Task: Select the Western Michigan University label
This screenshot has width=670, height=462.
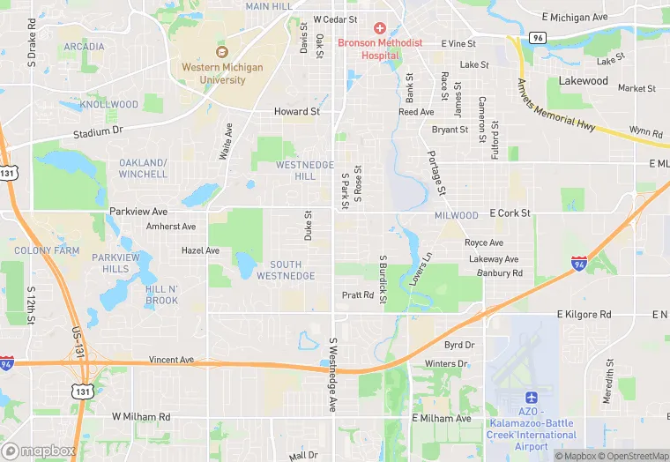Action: (x=213, y=73)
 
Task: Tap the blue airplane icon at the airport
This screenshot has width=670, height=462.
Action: (x=531, y=399)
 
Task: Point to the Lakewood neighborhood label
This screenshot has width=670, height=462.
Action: (x=584, y=81)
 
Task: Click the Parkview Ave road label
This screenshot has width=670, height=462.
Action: (x=138, y=212)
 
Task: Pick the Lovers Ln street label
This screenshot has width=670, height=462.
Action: (x=421, y=269)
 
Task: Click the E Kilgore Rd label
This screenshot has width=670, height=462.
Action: (x=584, y=314)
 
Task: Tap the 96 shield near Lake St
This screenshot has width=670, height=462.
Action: (x=537, y=39)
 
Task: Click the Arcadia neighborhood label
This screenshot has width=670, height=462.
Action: (x=84, y=47)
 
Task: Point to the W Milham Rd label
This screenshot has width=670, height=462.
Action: (x=141, y=416)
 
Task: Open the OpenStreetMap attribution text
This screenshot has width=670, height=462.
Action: (x=634, y=456)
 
